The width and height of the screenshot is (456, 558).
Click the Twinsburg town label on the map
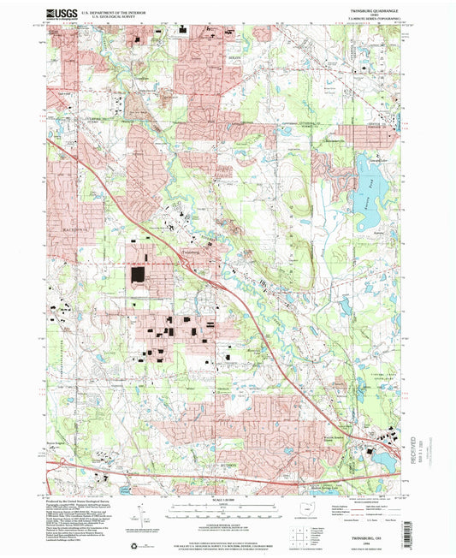(190, 252)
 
